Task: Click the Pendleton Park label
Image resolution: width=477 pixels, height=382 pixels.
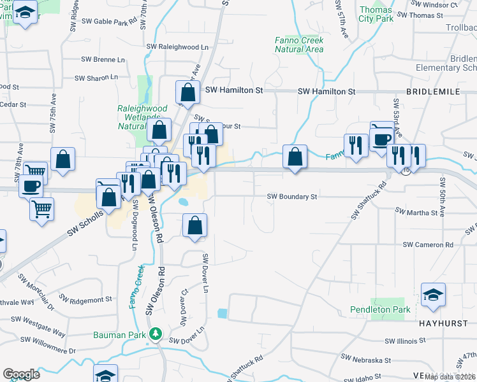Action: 379,310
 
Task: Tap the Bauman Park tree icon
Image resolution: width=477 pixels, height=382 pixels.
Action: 154,333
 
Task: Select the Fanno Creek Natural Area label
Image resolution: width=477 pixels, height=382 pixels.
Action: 299,45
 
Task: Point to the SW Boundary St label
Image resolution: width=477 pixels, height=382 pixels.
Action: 291,197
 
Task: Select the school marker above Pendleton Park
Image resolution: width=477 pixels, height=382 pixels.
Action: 433,295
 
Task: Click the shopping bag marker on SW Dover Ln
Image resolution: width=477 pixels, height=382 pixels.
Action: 194,225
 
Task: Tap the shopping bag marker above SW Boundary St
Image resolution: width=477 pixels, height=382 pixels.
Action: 295,157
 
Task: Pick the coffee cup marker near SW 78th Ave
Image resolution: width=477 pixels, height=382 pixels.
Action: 31,187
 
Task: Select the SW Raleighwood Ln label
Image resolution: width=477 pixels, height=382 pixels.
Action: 177,47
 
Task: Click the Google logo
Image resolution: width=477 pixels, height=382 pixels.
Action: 22,374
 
